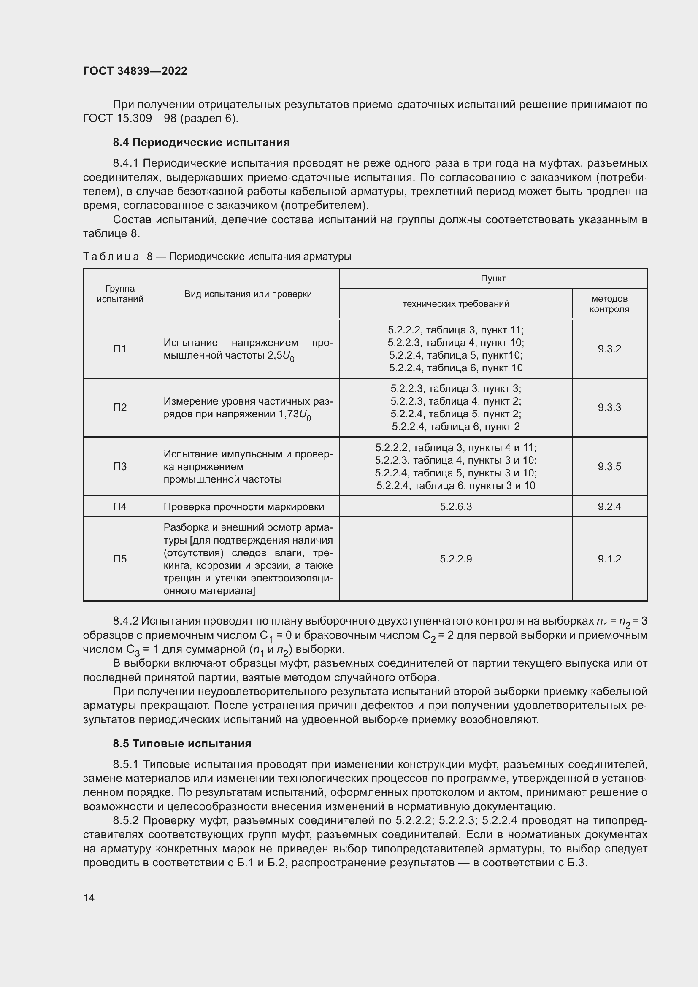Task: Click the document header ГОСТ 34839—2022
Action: (135, 71)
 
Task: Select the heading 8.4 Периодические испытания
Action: (201, 142)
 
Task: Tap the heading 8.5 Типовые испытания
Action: (182, 743)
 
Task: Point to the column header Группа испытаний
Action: (120, 294)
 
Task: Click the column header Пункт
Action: (492, 279)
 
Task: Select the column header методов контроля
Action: (609, 303)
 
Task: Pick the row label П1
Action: (120, 349)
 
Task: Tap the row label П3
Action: (120, 466)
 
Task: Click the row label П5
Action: (120, 559)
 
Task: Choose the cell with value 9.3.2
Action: (609, 349)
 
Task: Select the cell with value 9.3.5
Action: (609, 466)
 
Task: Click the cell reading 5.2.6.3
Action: (456, 506)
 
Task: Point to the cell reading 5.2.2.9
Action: (456, 559)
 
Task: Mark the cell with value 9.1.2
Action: (609, 559)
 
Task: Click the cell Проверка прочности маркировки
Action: (243, 506)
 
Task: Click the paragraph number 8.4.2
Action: (125, 621)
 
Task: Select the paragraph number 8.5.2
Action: (125, 820)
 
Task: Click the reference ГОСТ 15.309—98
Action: (130, 118)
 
